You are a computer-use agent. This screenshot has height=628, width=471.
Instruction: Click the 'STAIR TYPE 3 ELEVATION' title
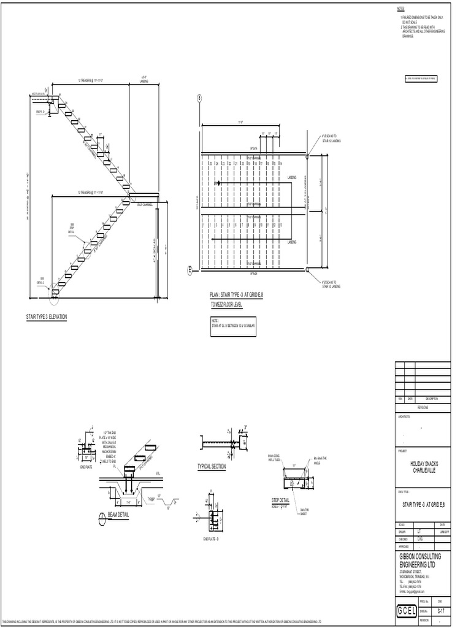45,317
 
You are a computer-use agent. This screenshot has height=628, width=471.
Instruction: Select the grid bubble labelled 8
199,98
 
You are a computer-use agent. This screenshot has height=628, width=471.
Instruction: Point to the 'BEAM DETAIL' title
119,514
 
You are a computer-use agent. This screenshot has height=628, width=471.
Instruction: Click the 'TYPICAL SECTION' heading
212,467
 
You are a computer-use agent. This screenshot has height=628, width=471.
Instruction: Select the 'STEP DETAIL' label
280,500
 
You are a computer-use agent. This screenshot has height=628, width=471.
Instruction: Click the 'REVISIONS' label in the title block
423,407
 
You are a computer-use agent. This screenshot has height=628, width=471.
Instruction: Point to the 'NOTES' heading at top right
400,8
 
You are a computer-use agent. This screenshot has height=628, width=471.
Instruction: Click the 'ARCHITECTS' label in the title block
404,416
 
